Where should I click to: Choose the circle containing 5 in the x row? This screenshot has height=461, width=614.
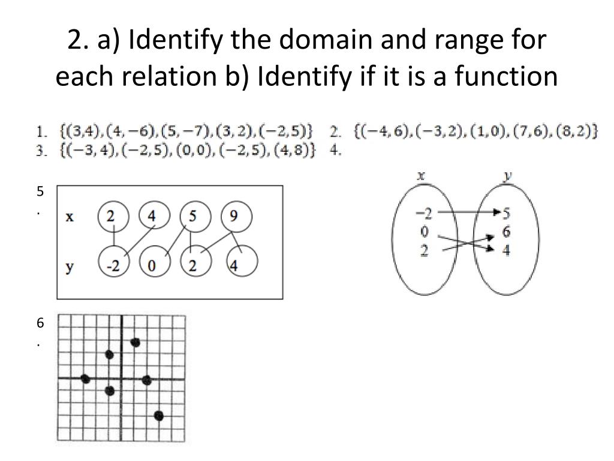click(192, 217)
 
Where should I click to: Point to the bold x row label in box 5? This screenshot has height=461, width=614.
click(70, 217)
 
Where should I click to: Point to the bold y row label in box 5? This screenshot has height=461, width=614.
click(70, 268)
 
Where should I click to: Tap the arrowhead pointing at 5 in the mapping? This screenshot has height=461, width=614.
click(496, 212)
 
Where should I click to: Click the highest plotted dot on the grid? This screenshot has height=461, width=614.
click(135, 342)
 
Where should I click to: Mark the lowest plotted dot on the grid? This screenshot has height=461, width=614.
click(159, 415)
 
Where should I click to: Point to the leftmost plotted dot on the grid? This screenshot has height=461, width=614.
click(85, 379)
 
